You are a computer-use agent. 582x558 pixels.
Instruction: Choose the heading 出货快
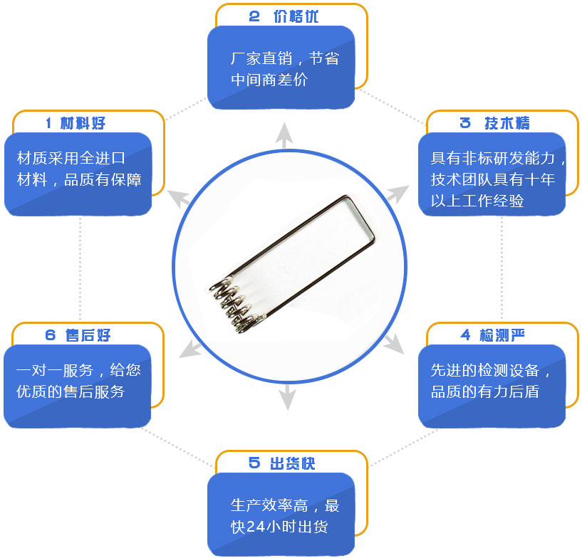[x=292, y=463]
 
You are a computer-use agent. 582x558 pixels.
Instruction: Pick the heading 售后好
[x=88, y=335]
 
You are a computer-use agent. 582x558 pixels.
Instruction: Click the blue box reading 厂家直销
[x=281, y=68]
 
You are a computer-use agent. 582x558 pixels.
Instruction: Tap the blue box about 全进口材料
[x=78, y=174]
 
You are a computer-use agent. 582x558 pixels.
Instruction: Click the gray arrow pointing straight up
[x=284, y=136]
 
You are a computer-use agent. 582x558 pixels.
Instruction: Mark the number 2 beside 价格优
[x=254, y=17]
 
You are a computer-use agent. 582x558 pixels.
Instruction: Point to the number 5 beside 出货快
[x=254, y=463]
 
